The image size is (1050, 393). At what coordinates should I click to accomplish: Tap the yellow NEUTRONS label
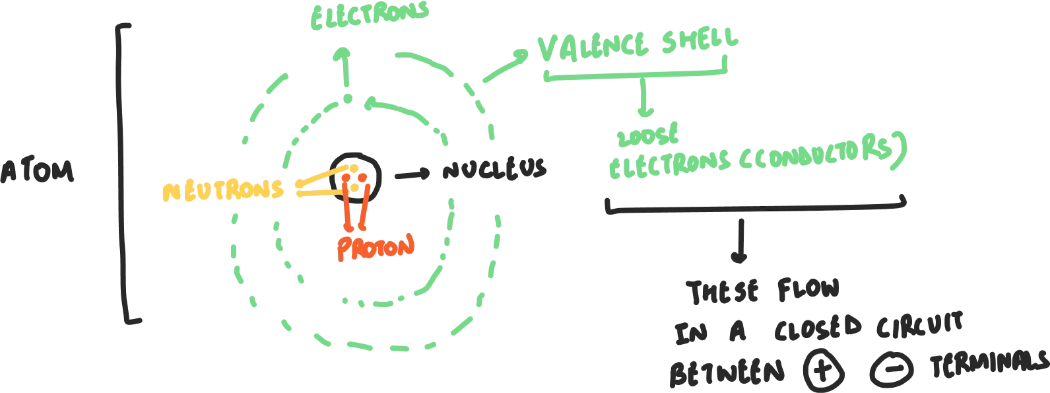tap(223, 191)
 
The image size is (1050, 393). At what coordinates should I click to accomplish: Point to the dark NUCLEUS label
tap(495, 172)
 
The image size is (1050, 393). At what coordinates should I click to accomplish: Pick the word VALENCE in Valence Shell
tap(594, 50)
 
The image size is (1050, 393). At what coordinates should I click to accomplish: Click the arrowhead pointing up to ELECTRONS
tap(343, 53)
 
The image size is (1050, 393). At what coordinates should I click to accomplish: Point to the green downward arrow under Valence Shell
tap(644, 99)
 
